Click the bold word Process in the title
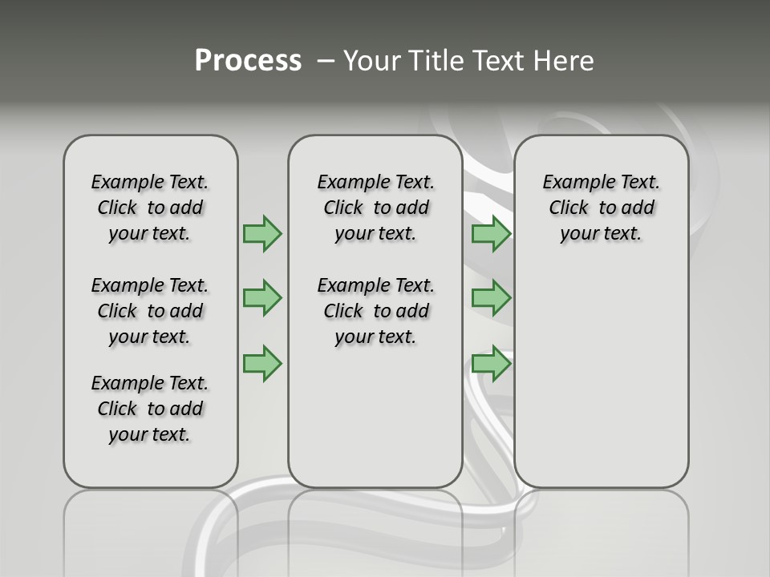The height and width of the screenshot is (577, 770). (248, 61)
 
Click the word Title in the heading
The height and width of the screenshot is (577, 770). (436, 61)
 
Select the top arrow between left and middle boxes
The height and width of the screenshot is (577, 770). (261, 233)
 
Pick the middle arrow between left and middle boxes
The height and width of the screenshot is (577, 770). (261, 298)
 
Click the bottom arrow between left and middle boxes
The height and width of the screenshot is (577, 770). (261, 363)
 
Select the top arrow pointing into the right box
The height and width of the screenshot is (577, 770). (491, 234)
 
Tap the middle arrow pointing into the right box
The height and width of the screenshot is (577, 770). (491, 298)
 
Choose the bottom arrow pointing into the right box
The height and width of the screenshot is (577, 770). (491, 363)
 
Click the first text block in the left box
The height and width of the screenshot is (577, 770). (150, 208)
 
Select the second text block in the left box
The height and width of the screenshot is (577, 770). (150, 311)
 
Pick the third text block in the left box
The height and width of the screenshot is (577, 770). (150, 409)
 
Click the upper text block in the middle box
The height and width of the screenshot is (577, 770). (375, 208)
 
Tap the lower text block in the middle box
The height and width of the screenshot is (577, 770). (375, 311)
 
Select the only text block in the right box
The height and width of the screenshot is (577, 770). (601, 208)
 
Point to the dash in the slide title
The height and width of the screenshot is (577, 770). (326, 61)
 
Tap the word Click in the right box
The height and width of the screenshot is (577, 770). (569, 208)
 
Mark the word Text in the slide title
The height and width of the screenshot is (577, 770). (499, 61)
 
